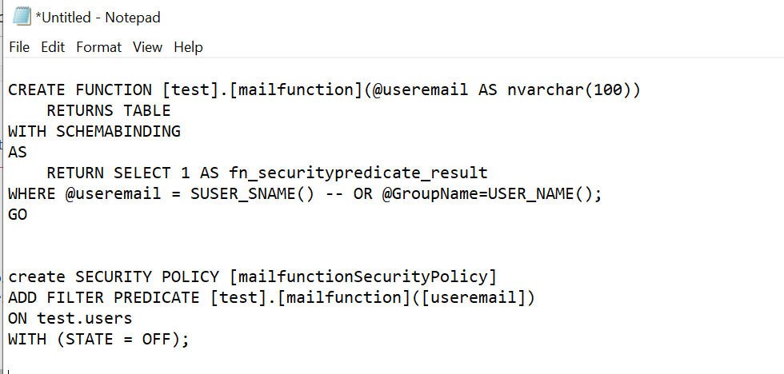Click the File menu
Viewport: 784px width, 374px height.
(19, 47)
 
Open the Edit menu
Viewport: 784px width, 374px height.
(53, 47)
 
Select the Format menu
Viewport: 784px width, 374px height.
(98, 47)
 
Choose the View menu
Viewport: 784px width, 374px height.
(147, 47)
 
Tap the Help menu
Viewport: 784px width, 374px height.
(188, 47)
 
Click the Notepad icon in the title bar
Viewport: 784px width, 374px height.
(22, 17)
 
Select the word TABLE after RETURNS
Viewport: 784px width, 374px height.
(147, 110)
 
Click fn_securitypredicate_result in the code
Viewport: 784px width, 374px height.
(358, 173)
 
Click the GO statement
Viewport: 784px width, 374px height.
(18, 214)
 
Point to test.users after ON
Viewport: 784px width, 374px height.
(85, 318)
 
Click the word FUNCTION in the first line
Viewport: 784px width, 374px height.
(114, 90)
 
